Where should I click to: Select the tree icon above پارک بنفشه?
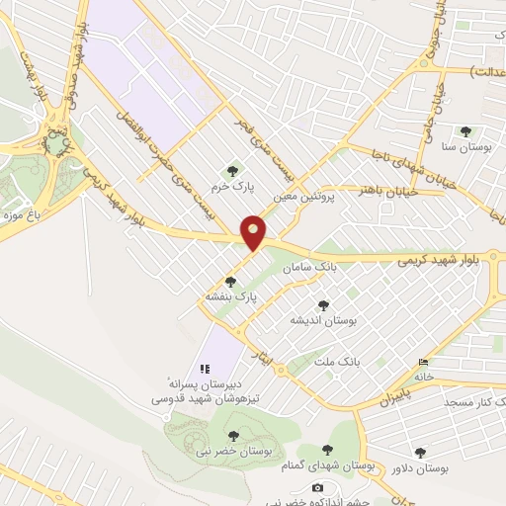230,282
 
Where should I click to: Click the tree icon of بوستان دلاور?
420,452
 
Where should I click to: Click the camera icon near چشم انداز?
317,487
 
